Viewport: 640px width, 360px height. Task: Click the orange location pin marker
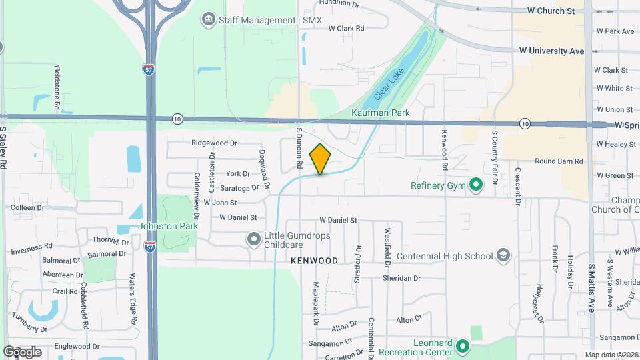click(x=320, y=159)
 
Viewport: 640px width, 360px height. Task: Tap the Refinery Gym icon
click(x=475, y=185)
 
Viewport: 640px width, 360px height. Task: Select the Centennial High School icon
click(x=503, y=256)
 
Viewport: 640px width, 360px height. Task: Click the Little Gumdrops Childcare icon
click(x=253, y=239)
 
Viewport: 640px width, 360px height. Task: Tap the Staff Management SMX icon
click(x=209, y=19)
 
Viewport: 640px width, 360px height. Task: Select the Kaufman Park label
click(x=380, y=113)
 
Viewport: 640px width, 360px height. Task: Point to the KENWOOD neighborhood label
click(x=314, y=261)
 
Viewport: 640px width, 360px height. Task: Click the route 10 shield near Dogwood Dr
click(x=176, y=119)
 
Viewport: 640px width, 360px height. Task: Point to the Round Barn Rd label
click(x=559, y=161)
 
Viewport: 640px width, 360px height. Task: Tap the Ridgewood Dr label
click(x=214, y=143)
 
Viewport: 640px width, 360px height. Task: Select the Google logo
click(x=22, y=351)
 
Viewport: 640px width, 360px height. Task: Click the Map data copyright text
click(x=611, y=355)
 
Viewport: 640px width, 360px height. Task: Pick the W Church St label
click(x=550, y=11)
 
